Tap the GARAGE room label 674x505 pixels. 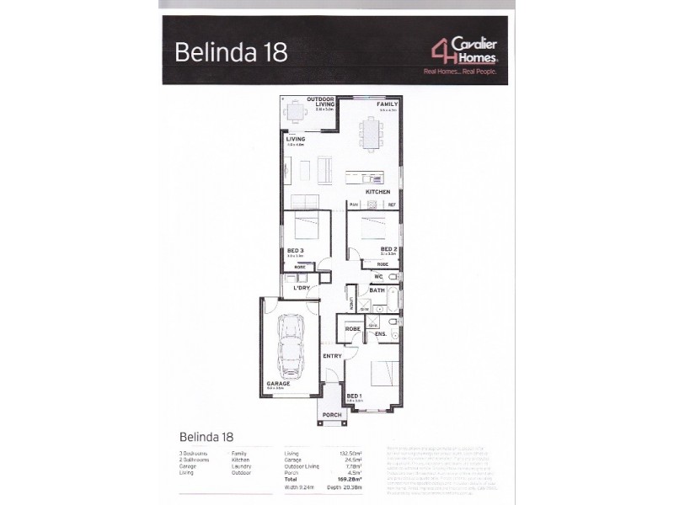(x=278, y=383)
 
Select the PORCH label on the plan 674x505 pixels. (x=332, y=413)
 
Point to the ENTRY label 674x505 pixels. (x=333, y=356)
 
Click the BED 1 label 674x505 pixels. (x=355, y=395)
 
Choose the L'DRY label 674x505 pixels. (x=301, y=289)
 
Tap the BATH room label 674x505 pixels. (x=377, y=290)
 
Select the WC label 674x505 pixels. (x=379, y=275)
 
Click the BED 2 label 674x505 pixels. (x=388, y=249)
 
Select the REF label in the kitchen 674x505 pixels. (x=392, y=205)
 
